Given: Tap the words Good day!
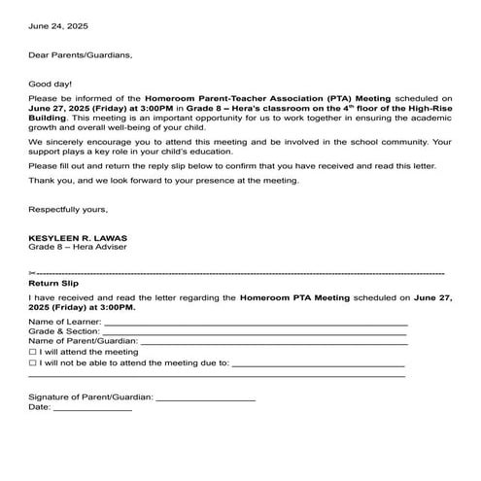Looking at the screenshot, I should (51, 85).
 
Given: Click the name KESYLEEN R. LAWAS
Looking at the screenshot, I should (81, 237).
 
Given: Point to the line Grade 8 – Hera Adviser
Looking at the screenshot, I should (78, 247).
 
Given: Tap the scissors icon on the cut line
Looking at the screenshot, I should (33, 272).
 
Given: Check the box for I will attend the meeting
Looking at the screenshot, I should (33, 352).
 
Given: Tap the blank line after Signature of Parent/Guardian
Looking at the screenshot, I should (205, 397).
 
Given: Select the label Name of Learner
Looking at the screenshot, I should (64, 321).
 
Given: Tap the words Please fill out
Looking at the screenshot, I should (60, 166).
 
